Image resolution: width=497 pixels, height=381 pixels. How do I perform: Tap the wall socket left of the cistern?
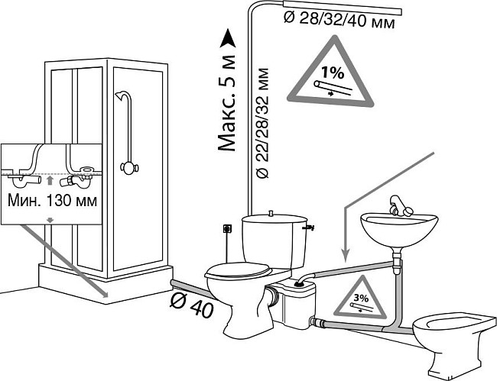click(x=226, y=227)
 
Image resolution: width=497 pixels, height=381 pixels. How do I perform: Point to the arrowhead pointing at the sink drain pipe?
click(x=344, y=255)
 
